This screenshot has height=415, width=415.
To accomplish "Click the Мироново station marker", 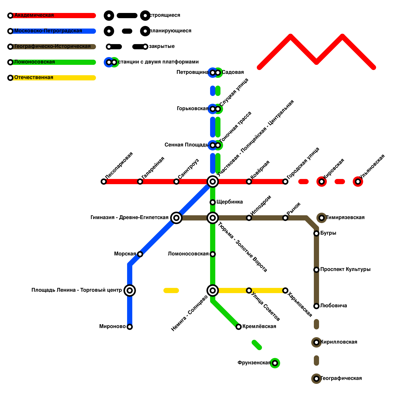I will coord(130,327).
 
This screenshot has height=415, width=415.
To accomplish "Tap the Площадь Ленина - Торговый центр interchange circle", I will coord(130,290).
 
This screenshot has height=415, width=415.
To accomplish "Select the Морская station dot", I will coord(140,254).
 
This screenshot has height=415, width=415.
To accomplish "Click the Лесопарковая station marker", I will coord(104,182).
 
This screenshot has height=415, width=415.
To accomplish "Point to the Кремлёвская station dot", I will coord(239,327).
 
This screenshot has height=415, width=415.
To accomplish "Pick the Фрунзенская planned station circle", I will coord(275,363).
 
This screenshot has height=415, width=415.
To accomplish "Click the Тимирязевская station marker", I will coord(322,218).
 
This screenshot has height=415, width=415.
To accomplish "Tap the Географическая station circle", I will coord(316,379).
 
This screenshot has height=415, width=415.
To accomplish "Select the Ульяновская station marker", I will coord(358,182).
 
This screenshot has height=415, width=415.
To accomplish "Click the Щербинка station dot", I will coord(213,202).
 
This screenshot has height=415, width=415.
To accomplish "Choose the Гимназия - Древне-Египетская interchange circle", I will coord(176,218).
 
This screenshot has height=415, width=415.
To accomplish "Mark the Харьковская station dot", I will coord(285,290).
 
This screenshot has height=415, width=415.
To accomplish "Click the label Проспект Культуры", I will coord(345,269).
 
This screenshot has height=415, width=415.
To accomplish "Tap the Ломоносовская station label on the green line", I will coord(188,254).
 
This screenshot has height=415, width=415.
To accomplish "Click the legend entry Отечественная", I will coord(34,78).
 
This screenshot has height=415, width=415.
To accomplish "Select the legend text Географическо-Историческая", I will coord(52,46).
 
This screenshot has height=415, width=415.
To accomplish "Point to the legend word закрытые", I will coord(162,46).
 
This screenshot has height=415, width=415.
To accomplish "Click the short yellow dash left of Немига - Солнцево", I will coord(171,290).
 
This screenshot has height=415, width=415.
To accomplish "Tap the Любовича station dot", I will coord(316,306).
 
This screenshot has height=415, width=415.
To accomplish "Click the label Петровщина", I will coord(192,72).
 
